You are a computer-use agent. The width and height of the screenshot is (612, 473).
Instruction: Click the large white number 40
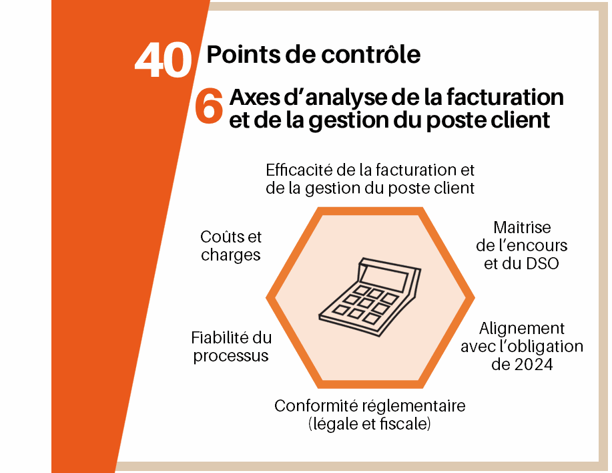click(x=163, y=60)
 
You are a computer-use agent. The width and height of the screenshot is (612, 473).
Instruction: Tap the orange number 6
click(x=209, y=106)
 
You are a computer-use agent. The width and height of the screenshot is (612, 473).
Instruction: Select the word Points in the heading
click(x=244, y=54)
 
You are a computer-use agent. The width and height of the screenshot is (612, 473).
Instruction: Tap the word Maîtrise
click(x=522, y=227)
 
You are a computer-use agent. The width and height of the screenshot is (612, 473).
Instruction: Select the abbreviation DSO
click(x=543, y=264)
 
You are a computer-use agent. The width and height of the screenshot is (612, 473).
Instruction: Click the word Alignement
click(x=522, y=329)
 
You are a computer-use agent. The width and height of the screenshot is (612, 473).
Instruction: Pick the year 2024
click(x=533, y=364)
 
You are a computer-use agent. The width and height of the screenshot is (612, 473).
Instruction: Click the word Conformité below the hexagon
click(x=316, y=406)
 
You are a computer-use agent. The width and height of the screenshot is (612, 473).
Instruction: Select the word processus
click(x=231, y=356)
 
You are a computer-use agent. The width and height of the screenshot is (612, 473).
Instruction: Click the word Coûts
click(x=220, y=236)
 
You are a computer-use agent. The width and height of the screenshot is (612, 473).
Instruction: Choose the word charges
click(x=231, y=255)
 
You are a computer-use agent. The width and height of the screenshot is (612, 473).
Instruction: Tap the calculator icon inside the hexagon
click(x=370, y=297)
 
